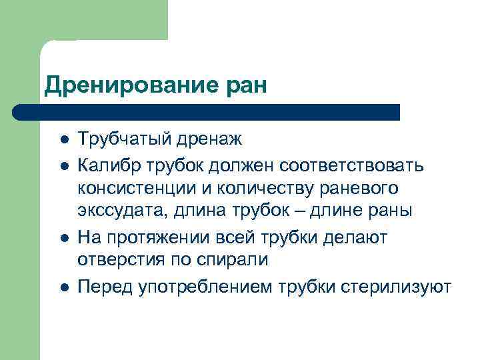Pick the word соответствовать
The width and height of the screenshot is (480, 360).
(x=354, y=164)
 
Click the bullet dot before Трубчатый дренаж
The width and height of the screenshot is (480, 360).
(x=65, y=141)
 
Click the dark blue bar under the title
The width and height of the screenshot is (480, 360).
(x=207, y=112)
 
